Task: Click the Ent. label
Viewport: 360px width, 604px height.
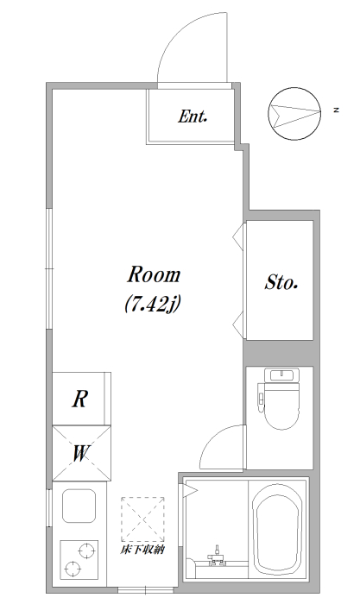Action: pos(193,116)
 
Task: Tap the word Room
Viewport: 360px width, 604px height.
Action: pos(154,274)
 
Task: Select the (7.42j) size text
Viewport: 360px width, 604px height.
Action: pos(153,305)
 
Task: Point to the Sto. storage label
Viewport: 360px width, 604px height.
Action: pos(281,282)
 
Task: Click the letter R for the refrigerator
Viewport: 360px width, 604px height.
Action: pos(79,399)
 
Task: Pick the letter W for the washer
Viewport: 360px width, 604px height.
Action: pos(81,453)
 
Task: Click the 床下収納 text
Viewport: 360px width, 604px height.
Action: pos(142,550)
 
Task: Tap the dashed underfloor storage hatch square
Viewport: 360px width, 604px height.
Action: pos(142,519)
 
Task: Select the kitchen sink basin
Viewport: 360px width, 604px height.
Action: pos(79,506)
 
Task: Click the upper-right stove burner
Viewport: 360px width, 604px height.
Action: pos(86,551)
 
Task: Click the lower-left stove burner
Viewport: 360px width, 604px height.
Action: pos(73,568)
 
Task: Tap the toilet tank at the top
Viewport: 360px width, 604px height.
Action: pos(281,375)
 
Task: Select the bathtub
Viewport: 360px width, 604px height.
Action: pos(277,531)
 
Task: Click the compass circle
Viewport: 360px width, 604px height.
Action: pos(294,114)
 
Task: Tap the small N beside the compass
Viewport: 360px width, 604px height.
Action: pos(337,110)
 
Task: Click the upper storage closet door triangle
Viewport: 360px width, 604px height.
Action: pos(238,236)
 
